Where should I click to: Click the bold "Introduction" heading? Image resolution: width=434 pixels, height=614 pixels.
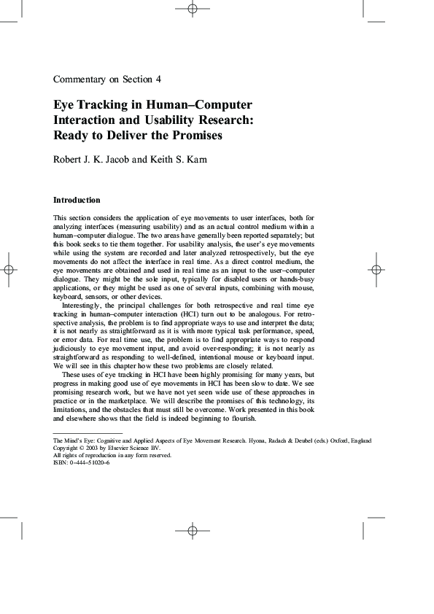(77, 200)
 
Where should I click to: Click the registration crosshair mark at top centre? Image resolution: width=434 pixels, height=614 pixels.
(193, 9)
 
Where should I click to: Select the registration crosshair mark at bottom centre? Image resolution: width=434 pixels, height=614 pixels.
(193, 530)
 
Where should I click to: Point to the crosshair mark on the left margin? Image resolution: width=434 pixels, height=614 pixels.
(8, 269)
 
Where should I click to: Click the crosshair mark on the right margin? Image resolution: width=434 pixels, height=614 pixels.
(376, 269)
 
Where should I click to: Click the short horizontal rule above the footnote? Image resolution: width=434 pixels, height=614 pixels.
(78, 433)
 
